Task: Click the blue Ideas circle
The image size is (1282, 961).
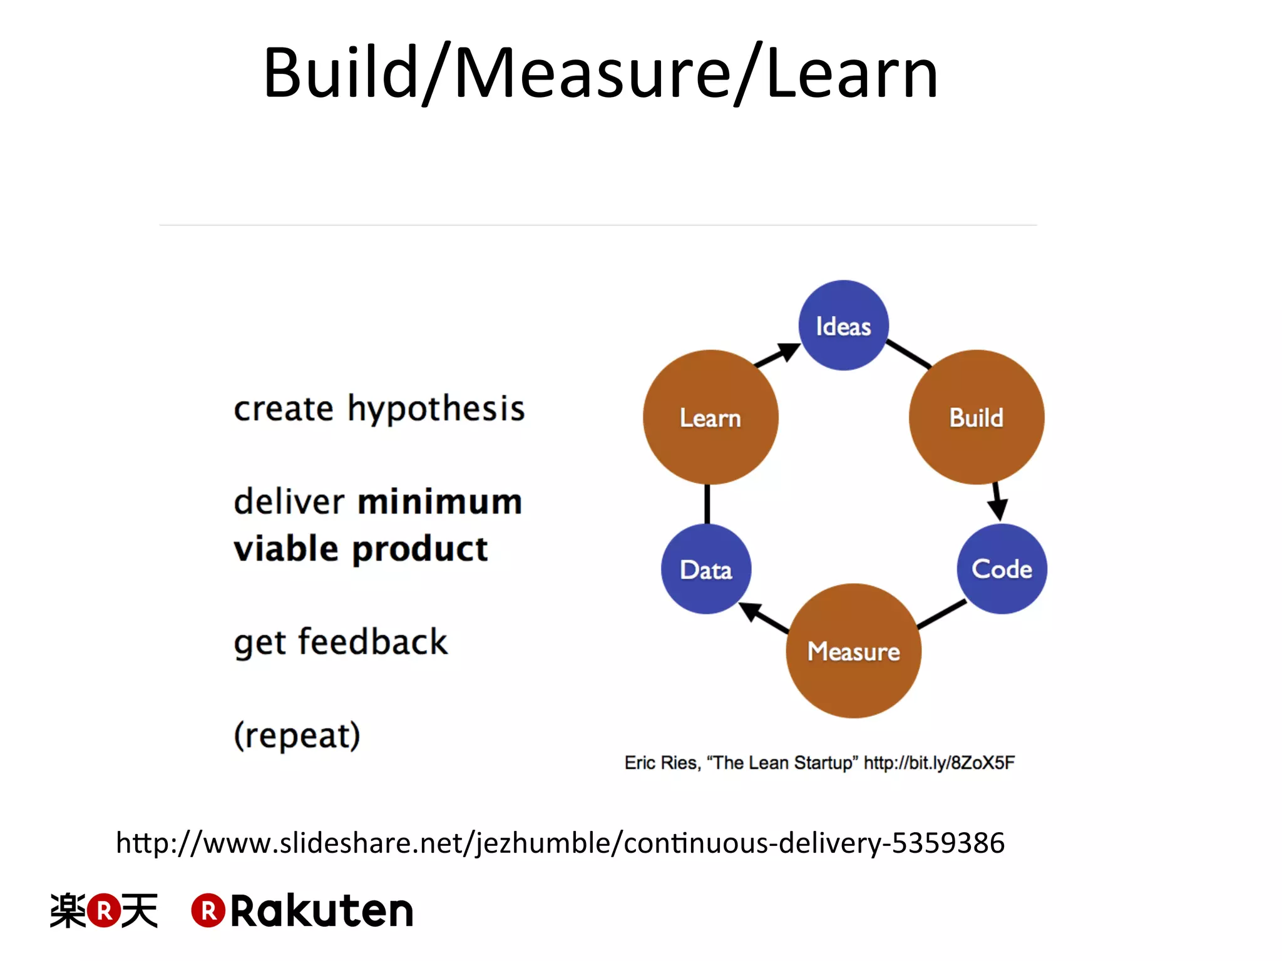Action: pos(843,325)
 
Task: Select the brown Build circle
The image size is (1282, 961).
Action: pos(976,417)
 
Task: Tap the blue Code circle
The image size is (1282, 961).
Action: pos(1002,569)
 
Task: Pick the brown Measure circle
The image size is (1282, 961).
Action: pos(853,651)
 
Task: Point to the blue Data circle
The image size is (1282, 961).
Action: pos(706,569)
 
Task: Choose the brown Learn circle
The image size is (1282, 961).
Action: pos(710,417)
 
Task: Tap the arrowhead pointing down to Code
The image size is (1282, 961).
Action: pos(998,509)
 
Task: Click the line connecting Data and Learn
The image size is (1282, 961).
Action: pos(707,504)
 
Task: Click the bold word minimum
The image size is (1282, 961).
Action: pos(439,502)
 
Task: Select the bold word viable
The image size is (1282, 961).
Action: pos(287,549)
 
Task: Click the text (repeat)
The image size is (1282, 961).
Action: pos(297,735)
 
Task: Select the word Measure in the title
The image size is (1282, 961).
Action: pos(592,74)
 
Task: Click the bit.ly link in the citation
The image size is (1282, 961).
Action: pos(939,763)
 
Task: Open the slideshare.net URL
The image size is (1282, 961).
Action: pos(560,843)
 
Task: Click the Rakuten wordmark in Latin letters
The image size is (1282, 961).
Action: pos(321,911)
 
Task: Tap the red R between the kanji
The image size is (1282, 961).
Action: pos(104,911)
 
